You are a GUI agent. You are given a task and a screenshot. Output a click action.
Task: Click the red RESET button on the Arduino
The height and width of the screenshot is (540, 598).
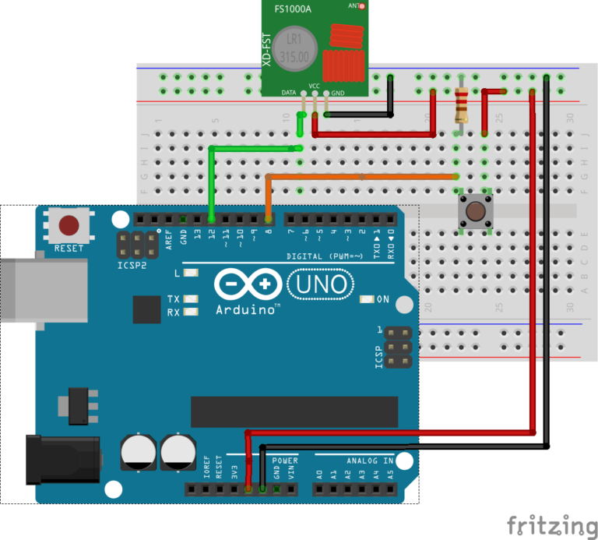69,227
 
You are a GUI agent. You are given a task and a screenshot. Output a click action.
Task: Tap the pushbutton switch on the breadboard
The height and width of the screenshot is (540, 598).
473,211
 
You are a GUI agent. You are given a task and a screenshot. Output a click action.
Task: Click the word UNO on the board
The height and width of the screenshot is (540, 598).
320,284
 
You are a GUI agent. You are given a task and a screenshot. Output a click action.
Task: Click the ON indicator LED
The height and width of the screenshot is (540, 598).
368,299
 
